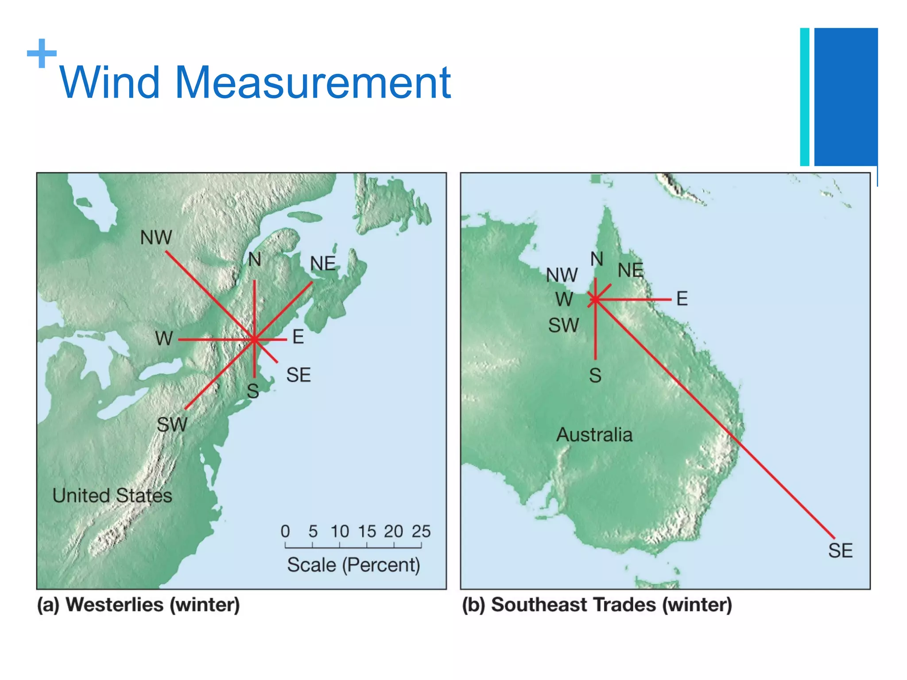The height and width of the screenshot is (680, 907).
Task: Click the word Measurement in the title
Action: [x=313, y=83]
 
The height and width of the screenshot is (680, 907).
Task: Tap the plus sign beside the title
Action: [x=42, y=54]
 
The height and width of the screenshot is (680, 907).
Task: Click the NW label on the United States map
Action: [x=156, y=238]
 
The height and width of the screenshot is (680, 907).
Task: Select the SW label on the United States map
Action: [x=172, y=425]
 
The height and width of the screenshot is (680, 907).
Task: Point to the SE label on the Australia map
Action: [x=840, y=551]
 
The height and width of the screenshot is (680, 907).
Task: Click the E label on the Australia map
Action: [x=682, y=299]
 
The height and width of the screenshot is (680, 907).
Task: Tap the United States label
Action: [x=112, y=495]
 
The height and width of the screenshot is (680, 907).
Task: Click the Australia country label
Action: [x=594, y=435]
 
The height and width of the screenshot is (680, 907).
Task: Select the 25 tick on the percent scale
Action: [x=421, y=532]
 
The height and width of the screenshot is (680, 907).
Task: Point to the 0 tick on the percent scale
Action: [x=285, y=532]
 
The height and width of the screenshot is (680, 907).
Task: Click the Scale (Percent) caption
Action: [x=353, y=565]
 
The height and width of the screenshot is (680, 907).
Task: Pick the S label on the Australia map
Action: [x=595, y=376]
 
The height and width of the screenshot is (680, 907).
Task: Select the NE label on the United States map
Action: [x=322, y=264]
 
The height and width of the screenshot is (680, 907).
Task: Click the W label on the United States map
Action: [x=164, y=339]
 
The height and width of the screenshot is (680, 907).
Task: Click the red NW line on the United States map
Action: [x=208, y=294]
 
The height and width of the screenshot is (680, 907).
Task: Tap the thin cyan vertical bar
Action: [x=805, y=97]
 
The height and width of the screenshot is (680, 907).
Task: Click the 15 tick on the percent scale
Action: [x=367, y=532]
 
